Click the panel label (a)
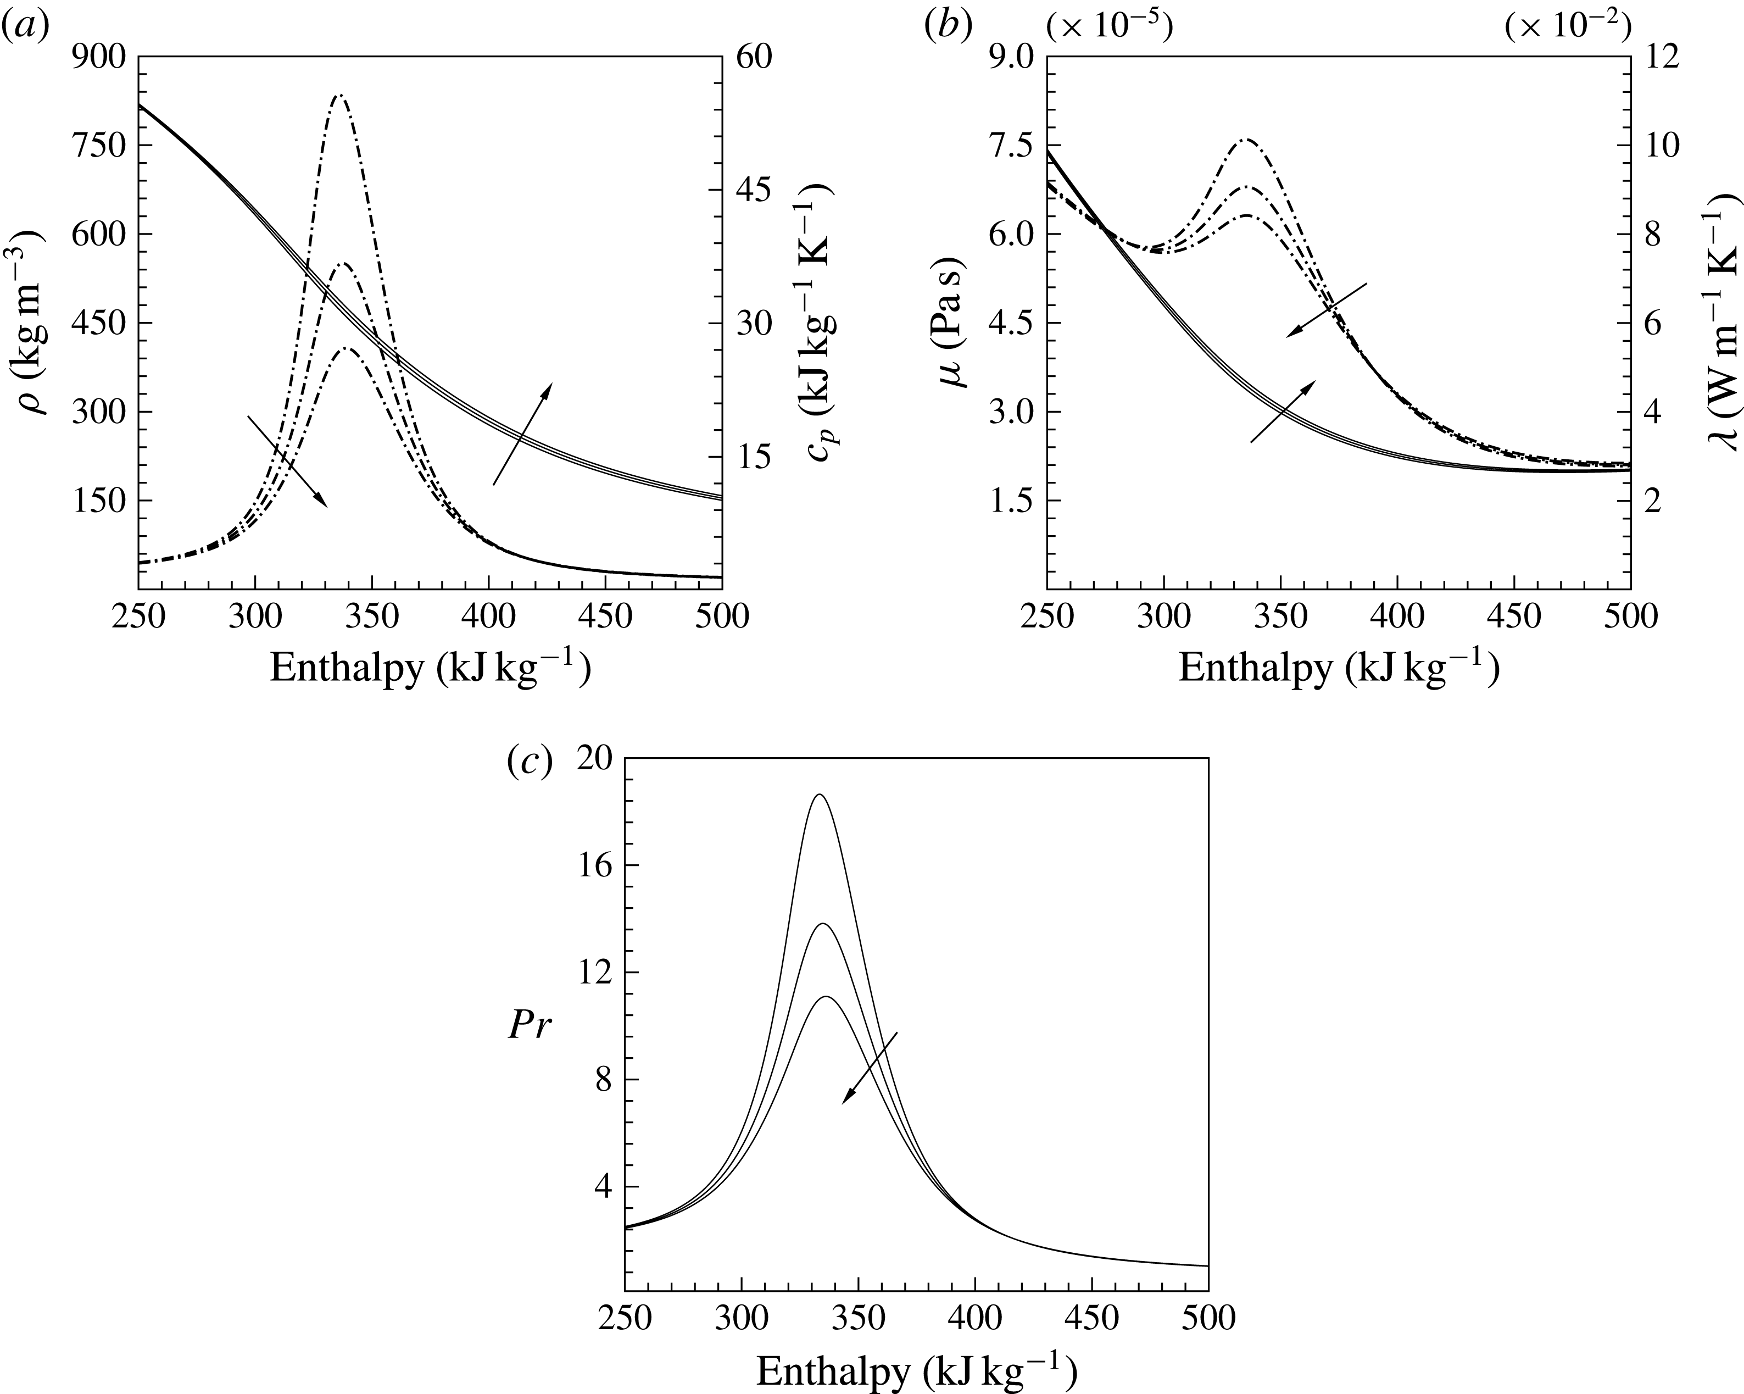[26, 29]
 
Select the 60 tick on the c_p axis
[753, 58]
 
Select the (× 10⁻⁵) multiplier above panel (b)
[1108, 29]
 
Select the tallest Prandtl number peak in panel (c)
[820, 795]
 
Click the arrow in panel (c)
[870, 1067]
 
